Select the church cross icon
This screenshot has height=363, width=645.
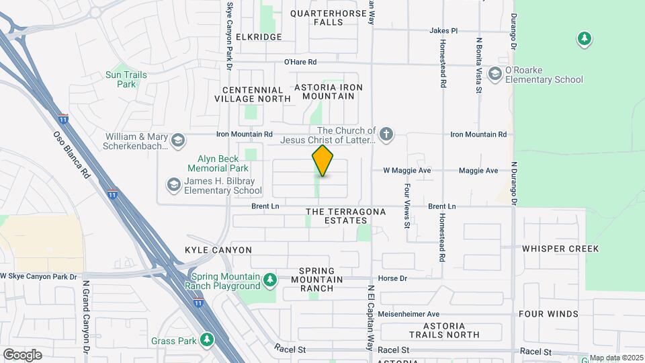click(x=386, y=134)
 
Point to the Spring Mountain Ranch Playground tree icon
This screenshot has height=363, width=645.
click(x=269, y=279)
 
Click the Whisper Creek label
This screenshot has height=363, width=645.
click(x=560, y=249)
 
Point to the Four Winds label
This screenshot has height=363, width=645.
click(x=548, y=314)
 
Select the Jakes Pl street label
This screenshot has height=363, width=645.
click(x=443, y=31)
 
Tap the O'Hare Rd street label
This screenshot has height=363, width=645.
click(x=300, y=62)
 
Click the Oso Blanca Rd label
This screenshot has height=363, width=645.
click(x=71, y=155)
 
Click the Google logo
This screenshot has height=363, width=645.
click(x=22, y=354)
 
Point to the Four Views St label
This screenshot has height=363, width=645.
click(x=407, y=206)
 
